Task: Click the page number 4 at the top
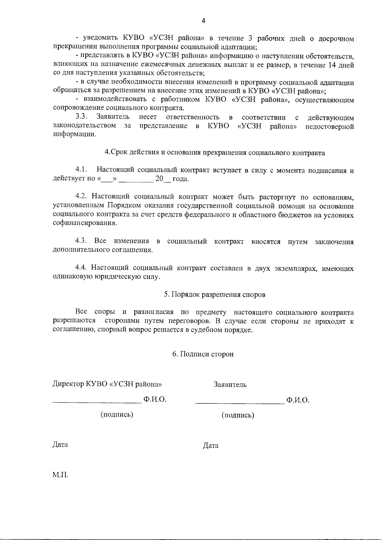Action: pyautogui.click(x=204, y=21)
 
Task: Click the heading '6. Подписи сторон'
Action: pyautogui.click(x=203, y=354)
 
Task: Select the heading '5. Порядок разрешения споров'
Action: pyautogui.click(x=214, y=295)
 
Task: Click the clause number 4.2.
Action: pyautogui.click(x=81, y=196)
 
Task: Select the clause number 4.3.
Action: pyautogui.click(x=81, y=241)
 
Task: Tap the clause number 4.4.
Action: pyautogui.click(x=81, y=268)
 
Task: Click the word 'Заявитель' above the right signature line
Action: pyautogui.click(x=230, y=385)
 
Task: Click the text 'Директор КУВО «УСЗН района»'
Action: pyautogui.click(x=109, y=384)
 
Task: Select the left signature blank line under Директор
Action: pyautogui.click(x=97, y=403)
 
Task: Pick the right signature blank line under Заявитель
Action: pyautogui.click(x=239, y=403)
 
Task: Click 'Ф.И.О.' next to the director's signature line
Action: pyautogui.click(x=155, y=400)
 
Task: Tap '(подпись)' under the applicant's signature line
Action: pyautogui.click(x=238, y=416)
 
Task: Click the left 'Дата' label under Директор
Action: pyautogui.click(x=60, y=445)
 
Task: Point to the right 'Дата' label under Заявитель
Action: pyautogui.click(x=210, y=446)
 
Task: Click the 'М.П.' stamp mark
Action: pyautogui.click(x=60, y=475)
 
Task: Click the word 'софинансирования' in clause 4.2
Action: pyautogui.click(x=84, y=223)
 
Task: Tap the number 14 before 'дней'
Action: pyautogui.click(x=333, y=65)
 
